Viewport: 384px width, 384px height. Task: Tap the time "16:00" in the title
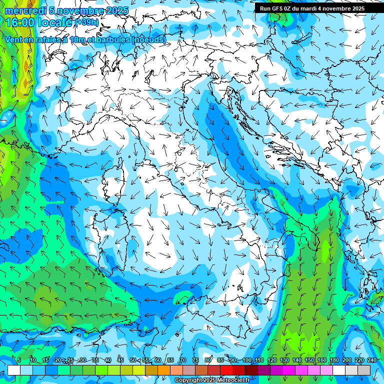tap(19, 22)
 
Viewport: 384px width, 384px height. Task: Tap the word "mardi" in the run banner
tap(313, 8)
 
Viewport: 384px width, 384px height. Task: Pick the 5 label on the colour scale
tap(19, 360)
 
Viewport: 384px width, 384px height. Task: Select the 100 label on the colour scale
tap(247, 360)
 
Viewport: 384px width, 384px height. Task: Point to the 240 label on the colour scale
tap(372, 360)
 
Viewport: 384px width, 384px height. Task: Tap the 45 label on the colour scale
tap(120, 360)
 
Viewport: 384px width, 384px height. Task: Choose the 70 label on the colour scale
tap(183, 360)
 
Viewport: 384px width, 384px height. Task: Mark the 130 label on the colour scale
tap(284, 360)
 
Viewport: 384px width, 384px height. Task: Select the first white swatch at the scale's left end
tap(14, 370)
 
